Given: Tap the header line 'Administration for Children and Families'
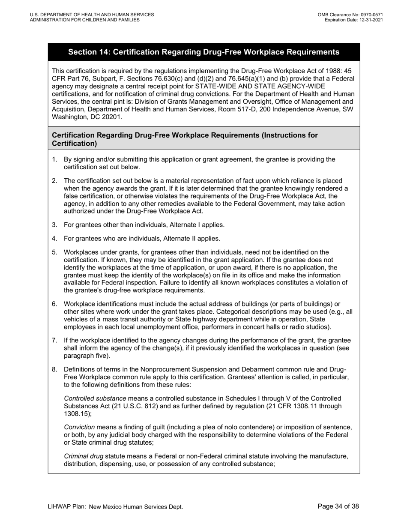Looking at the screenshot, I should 84,20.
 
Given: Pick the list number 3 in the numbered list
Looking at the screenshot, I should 54,225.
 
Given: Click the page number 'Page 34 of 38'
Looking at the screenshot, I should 338,506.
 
